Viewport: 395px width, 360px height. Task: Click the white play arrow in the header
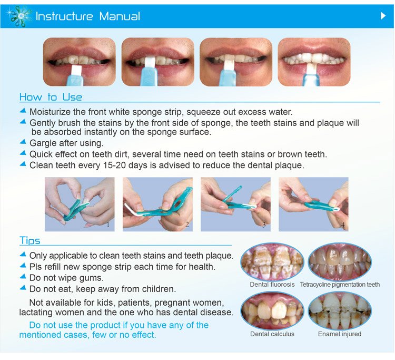(x=383, y=16)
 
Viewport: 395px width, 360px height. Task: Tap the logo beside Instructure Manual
(x=19, y=16)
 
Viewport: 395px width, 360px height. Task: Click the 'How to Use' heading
(x=51, y=97)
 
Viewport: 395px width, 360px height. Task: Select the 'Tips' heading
(x=29, y=241)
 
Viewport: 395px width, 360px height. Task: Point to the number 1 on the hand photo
(x=108, y=225)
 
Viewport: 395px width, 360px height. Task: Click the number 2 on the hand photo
(x=186, y=225)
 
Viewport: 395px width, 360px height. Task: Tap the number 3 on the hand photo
(x=264, y=225)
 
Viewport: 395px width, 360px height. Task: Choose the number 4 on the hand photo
(x=342, y=225)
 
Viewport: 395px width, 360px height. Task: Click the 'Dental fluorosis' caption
(x=272, y=285)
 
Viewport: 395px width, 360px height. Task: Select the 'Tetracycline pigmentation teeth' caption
(x=340, y=285)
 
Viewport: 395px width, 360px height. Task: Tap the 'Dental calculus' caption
(x=272, y=334)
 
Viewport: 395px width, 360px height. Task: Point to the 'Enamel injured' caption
(x=340, y=334)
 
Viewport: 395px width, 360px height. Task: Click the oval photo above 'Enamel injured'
(x=340, y=311)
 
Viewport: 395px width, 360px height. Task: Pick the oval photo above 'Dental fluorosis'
(x=272, y=261)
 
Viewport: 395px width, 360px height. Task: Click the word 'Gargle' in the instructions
(x=44, y=143)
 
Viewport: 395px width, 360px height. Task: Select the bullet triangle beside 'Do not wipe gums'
(x=23, y=277)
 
